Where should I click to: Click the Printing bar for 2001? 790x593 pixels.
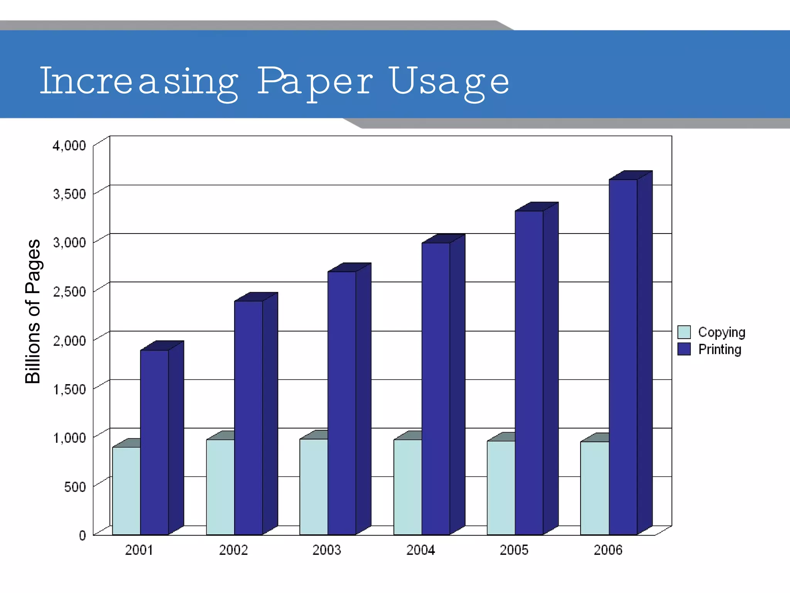tap(154, 442)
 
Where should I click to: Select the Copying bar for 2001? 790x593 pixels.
tap(126, 490)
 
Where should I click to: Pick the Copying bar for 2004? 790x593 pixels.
tap(407, 487)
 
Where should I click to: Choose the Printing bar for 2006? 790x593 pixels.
tap(623, 357)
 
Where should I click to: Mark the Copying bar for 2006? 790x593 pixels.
tap(594, 488)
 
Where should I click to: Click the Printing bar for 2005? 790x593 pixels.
tap(529, 373)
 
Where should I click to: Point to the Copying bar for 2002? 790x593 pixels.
tap(220, 487)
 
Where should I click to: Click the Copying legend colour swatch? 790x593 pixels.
tap(684, 332)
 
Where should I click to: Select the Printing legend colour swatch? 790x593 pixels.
tap(684, 349)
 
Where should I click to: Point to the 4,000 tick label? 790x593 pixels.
tap(69, 146)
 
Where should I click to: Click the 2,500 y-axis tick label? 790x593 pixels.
tap(69, 292)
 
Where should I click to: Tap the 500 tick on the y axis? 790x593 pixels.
tap(75, 487)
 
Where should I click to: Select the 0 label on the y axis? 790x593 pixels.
tap(82, 535)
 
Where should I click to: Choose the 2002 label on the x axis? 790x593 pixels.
tap(233, 550)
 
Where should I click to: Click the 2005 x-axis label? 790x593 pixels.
tap(514, 550)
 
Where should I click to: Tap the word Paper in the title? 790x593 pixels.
tap(315, 81)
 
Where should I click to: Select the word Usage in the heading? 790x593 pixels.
tap(450, 81)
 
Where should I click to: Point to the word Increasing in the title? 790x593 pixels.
tap(139, 81)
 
